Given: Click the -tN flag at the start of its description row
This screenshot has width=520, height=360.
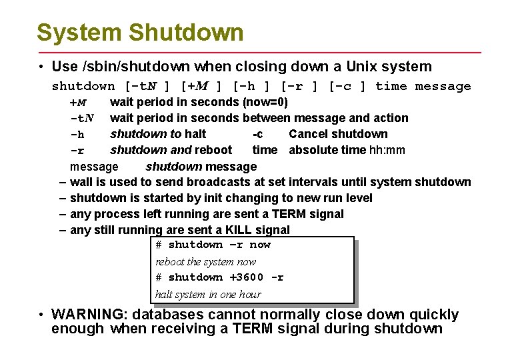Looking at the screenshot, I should point(81,118).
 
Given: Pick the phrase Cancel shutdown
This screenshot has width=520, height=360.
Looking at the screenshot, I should point(338,134).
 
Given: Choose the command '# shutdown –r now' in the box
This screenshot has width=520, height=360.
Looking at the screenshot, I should point(213,245).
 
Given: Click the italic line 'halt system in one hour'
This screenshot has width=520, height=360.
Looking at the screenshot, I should point(208,294).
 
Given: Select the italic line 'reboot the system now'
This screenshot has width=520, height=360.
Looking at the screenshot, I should point(205,261).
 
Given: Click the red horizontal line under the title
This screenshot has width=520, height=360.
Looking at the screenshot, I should point(259,52).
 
